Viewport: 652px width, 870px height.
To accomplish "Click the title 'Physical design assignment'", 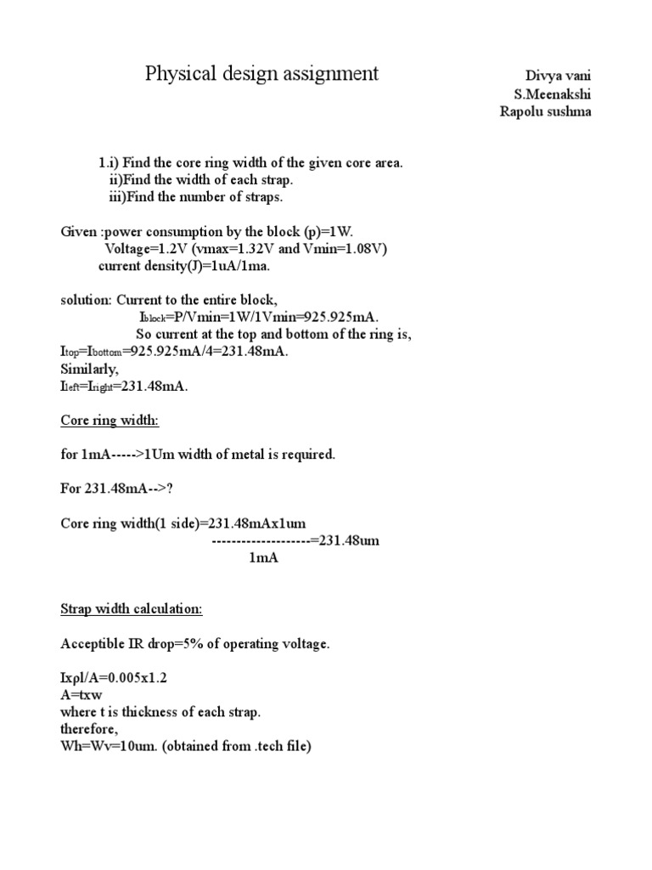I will pos(261,74).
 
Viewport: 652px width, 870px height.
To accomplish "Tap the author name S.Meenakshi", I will pos(552,94).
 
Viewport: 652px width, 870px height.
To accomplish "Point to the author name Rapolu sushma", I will pos(545,113).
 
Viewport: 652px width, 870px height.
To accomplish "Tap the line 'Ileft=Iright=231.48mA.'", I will pos(124,387).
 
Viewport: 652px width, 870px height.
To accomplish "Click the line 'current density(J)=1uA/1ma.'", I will pos(188,265).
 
